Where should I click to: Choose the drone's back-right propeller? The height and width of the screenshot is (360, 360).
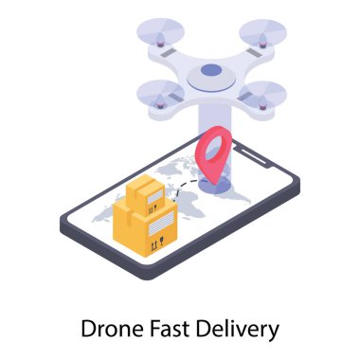261,34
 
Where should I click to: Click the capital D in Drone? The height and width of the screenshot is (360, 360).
89,329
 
